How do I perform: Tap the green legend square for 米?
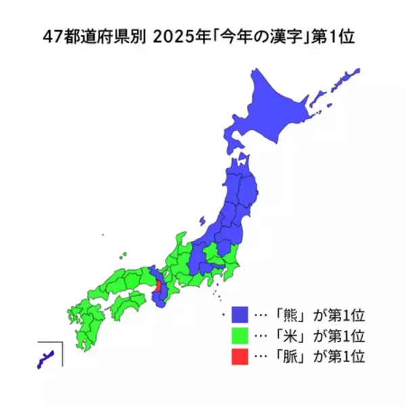pos(241,336)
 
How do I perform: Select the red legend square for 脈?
pos(241,355)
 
